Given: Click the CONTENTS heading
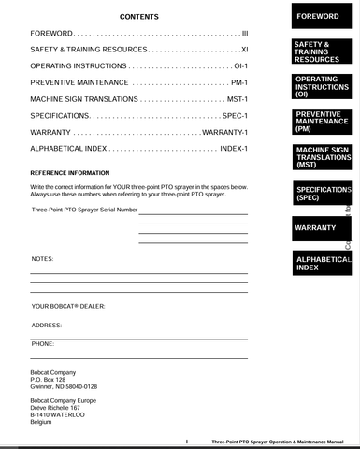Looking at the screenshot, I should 139,18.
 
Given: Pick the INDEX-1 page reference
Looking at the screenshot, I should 232,149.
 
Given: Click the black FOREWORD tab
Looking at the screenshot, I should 318,18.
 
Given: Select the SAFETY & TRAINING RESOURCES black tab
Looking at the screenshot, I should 318,51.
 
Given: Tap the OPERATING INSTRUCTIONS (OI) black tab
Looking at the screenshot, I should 318,87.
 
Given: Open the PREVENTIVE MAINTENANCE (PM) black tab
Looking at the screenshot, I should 318,122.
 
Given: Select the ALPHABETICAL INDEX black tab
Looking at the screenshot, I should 318,263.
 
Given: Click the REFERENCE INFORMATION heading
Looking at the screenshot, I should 69,174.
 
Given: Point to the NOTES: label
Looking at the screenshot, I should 42,257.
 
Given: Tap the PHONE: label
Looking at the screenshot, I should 43,343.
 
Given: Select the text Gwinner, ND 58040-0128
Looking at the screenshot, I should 64,385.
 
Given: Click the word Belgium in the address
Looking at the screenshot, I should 42,423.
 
